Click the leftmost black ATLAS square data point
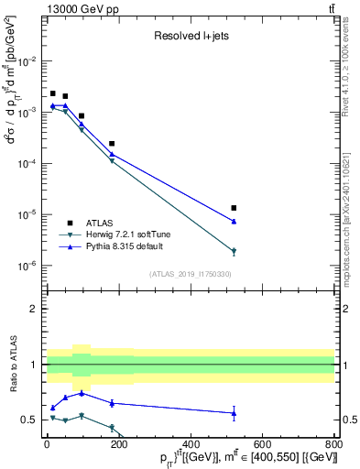point(53,93)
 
